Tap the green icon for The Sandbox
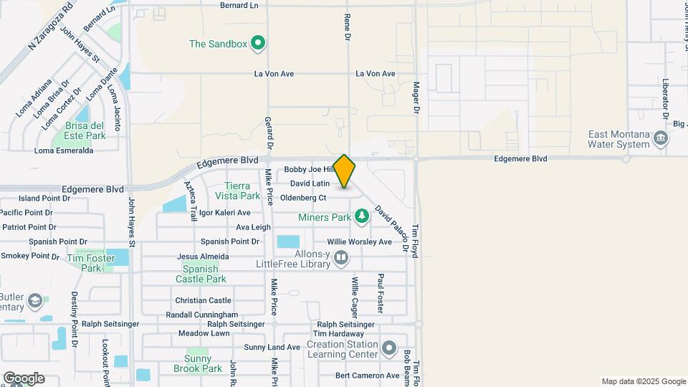click(258, 44)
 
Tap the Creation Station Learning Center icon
click(389, 349)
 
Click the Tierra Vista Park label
click(237, 191)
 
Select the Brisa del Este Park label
click(85, 130)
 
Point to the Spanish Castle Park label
click(200, 274)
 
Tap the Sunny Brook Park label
click(198, 363)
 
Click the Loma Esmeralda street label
click(64, 150)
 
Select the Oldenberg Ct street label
click(303, 198)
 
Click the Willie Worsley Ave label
click(360, 242)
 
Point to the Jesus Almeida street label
click(203, 257)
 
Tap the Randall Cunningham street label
click(201, 315)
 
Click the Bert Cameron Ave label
click(367, 376)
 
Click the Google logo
click(24, 378)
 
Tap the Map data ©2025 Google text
click(643, 381)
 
